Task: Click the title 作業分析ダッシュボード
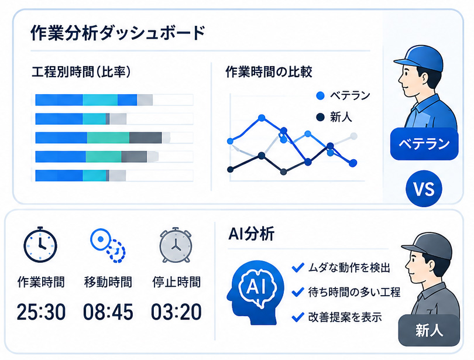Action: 118,33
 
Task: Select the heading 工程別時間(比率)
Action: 81,72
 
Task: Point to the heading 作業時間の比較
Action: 269,72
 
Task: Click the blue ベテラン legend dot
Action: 320,96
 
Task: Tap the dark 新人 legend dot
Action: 320,117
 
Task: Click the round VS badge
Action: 424,189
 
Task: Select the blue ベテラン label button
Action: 424,144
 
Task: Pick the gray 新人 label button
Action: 429,330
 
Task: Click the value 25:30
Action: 41,311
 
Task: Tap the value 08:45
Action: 108,311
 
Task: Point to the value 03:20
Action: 176,311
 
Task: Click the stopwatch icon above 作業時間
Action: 40,244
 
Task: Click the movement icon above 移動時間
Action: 108,245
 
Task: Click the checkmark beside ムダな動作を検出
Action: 298,267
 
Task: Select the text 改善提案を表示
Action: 345,317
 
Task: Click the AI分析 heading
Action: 252,234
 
